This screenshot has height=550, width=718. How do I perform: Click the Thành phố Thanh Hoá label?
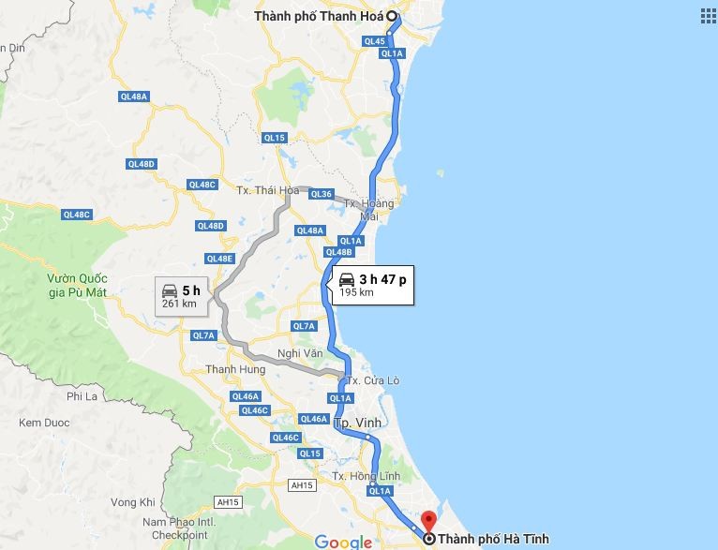point(320,16)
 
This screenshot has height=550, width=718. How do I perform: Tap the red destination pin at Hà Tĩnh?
point(429,521)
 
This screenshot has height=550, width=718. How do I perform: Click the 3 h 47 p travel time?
point(382,279)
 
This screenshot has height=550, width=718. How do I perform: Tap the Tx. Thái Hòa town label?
point(260,190)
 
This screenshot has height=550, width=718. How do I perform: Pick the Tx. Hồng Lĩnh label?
point(366,477)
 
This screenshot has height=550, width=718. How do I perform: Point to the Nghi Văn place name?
point(299,353)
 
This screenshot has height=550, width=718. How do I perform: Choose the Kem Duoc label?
point(44,423)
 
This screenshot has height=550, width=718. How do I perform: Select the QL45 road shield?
point(375,41)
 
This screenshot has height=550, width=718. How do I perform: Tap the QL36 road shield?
point(322,194)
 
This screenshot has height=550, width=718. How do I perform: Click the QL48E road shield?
point(218,259)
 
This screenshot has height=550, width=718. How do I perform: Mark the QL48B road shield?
point(338,252)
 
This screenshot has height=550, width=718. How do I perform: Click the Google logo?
point(343,542)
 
